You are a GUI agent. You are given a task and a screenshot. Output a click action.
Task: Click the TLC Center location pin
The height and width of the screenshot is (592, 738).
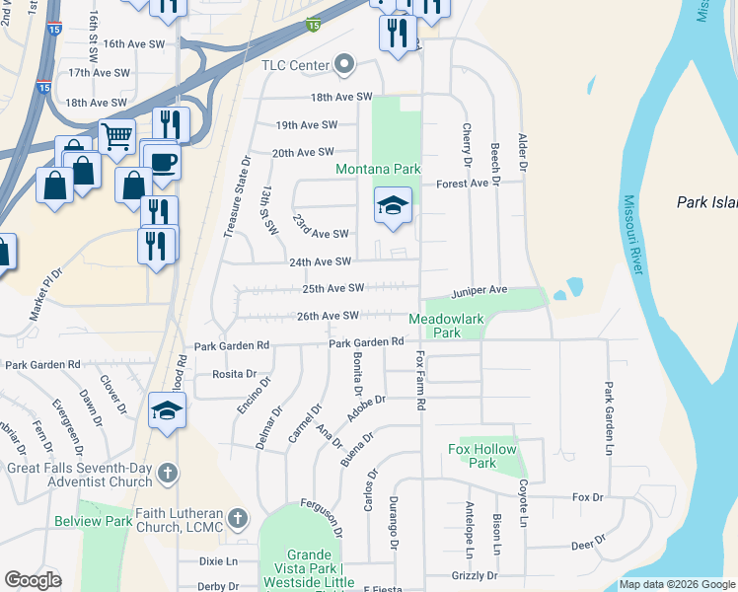(x=344, y=65)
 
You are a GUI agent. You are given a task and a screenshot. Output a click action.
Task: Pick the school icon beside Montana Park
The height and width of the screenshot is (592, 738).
(x=392, y=206)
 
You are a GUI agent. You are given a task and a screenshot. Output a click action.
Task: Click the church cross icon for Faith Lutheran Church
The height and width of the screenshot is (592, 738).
(x=236, y=518)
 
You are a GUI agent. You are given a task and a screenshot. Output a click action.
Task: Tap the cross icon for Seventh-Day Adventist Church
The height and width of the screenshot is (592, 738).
(x=167, y=475)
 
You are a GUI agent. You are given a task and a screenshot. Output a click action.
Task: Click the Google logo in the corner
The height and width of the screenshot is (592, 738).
(x=33, y=579)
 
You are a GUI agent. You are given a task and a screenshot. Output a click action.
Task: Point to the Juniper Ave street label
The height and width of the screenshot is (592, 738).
(x=479, y=291)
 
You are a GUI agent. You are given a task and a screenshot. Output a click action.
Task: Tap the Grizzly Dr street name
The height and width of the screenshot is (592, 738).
(x=479, y=575)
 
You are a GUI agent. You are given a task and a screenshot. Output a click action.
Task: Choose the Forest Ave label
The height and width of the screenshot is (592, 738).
(x=463, y=183)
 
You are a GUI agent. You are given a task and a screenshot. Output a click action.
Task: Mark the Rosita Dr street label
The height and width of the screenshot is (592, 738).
(x=234, y=374)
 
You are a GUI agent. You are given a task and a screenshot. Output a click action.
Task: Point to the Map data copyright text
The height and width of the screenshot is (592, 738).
(x=676, y=584)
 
